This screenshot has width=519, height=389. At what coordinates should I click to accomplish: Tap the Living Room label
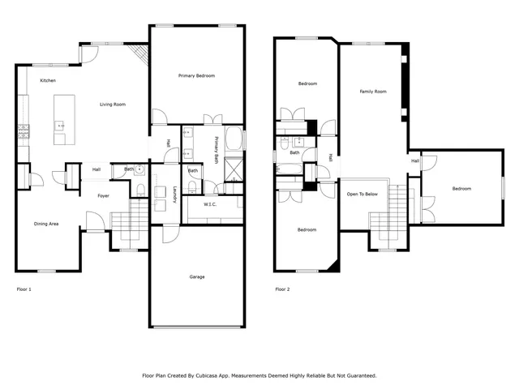[112, 105]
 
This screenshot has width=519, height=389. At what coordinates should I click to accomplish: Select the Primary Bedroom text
[196, 75]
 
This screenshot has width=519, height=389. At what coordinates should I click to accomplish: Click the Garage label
[196, 276]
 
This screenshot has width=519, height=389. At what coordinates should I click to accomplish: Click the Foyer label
[104, 195]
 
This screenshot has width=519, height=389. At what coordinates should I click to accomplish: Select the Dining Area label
[45, 224]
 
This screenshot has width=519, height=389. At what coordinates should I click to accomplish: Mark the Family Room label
[372, 92]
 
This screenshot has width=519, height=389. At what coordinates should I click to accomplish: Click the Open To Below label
[362, 194]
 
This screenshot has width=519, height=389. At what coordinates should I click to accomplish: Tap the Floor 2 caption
[282, 289]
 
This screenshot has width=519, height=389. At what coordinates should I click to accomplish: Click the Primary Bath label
[217, 148]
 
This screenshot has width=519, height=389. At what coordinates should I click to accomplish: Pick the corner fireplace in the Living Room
[141, 55]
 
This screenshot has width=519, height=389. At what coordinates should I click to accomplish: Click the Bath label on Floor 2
[295, 152]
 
